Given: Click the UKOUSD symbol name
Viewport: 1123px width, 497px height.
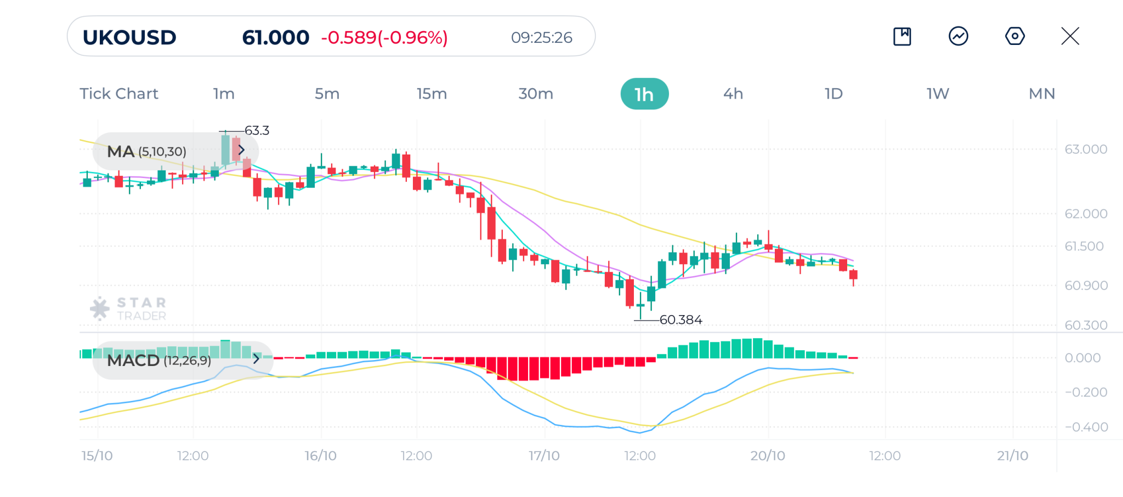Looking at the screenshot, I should point(129,37).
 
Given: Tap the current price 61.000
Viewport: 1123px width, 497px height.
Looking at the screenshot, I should point(275,37).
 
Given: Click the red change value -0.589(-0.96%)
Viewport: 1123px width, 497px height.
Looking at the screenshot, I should point(384,37).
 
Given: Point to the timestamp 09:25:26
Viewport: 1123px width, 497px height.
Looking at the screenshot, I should point(541,37).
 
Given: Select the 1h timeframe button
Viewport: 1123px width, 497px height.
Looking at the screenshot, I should point(644,94).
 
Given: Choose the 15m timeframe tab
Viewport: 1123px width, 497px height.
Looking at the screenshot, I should point(432,94).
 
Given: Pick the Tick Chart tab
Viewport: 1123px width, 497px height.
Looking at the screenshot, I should point(119,94).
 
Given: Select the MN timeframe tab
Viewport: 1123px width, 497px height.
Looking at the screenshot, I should point(1041,94).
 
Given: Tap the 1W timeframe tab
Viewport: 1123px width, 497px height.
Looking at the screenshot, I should point(938,94).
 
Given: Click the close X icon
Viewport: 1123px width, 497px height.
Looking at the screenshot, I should point(1070,36).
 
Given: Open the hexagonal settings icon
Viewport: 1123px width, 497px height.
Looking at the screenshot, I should point(1014,36).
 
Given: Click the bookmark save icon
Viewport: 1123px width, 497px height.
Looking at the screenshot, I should point(902,36).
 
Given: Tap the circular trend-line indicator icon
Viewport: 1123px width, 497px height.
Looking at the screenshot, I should point(958,36).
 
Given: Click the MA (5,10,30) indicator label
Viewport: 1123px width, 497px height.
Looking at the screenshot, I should point(147,151).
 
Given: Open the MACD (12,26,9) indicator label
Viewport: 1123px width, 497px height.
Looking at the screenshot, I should point(159,361).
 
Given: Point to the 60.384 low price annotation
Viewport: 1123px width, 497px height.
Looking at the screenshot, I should point(680,319).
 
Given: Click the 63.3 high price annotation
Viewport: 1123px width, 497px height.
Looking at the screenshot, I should point(257,130).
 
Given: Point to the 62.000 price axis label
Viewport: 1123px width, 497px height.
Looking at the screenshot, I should point(1085,214).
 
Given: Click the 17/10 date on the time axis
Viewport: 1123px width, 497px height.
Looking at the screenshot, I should point(544,455).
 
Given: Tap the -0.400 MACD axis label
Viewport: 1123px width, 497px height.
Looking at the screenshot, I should point(1086,427).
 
